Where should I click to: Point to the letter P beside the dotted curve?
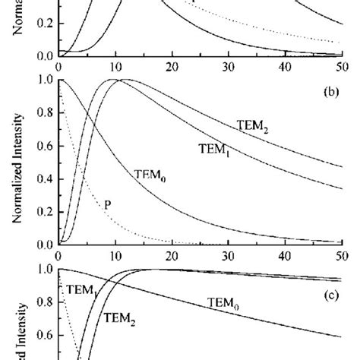tap(106, 204)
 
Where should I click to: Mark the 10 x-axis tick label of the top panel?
tap(114, 67)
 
